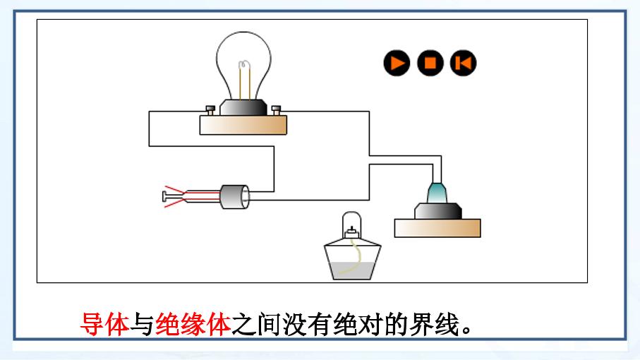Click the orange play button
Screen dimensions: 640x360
pyautogui.click(x=397, y=64)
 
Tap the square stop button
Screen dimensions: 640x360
pyautogui.click(x=430, y=64)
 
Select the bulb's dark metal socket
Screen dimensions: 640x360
pyautogui.click(x=243, y=108)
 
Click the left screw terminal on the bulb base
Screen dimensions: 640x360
pyautogui.click(x=210, y=110)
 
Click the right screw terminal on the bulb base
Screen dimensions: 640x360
pyautogui.click(x=276, y=110)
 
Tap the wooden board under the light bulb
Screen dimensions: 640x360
pyautogui.click(x=243, y=125)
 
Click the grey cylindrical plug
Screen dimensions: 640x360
pyautogui.click(x=235, y=197)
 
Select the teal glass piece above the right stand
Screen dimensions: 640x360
pyautogui.click(x=437, y=193)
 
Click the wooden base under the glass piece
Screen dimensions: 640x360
pyautogui.click(x=437, y=228)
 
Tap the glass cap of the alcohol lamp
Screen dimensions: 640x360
pyautogui.click(x=351, y=225)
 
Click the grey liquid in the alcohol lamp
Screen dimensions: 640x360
pyautogui.click(x=353, y=270)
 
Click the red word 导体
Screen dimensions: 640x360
pyautogui.click(x=104, y=325)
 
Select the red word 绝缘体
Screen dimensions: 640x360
pyautogui.click(x=193, y=325)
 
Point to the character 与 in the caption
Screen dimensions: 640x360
pyautogui.click(x=142, y=325)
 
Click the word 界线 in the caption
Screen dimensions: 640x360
pyautogui.click(x=435, y=325)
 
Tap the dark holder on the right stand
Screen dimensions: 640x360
pyautogui.click(x=438, y=212)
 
